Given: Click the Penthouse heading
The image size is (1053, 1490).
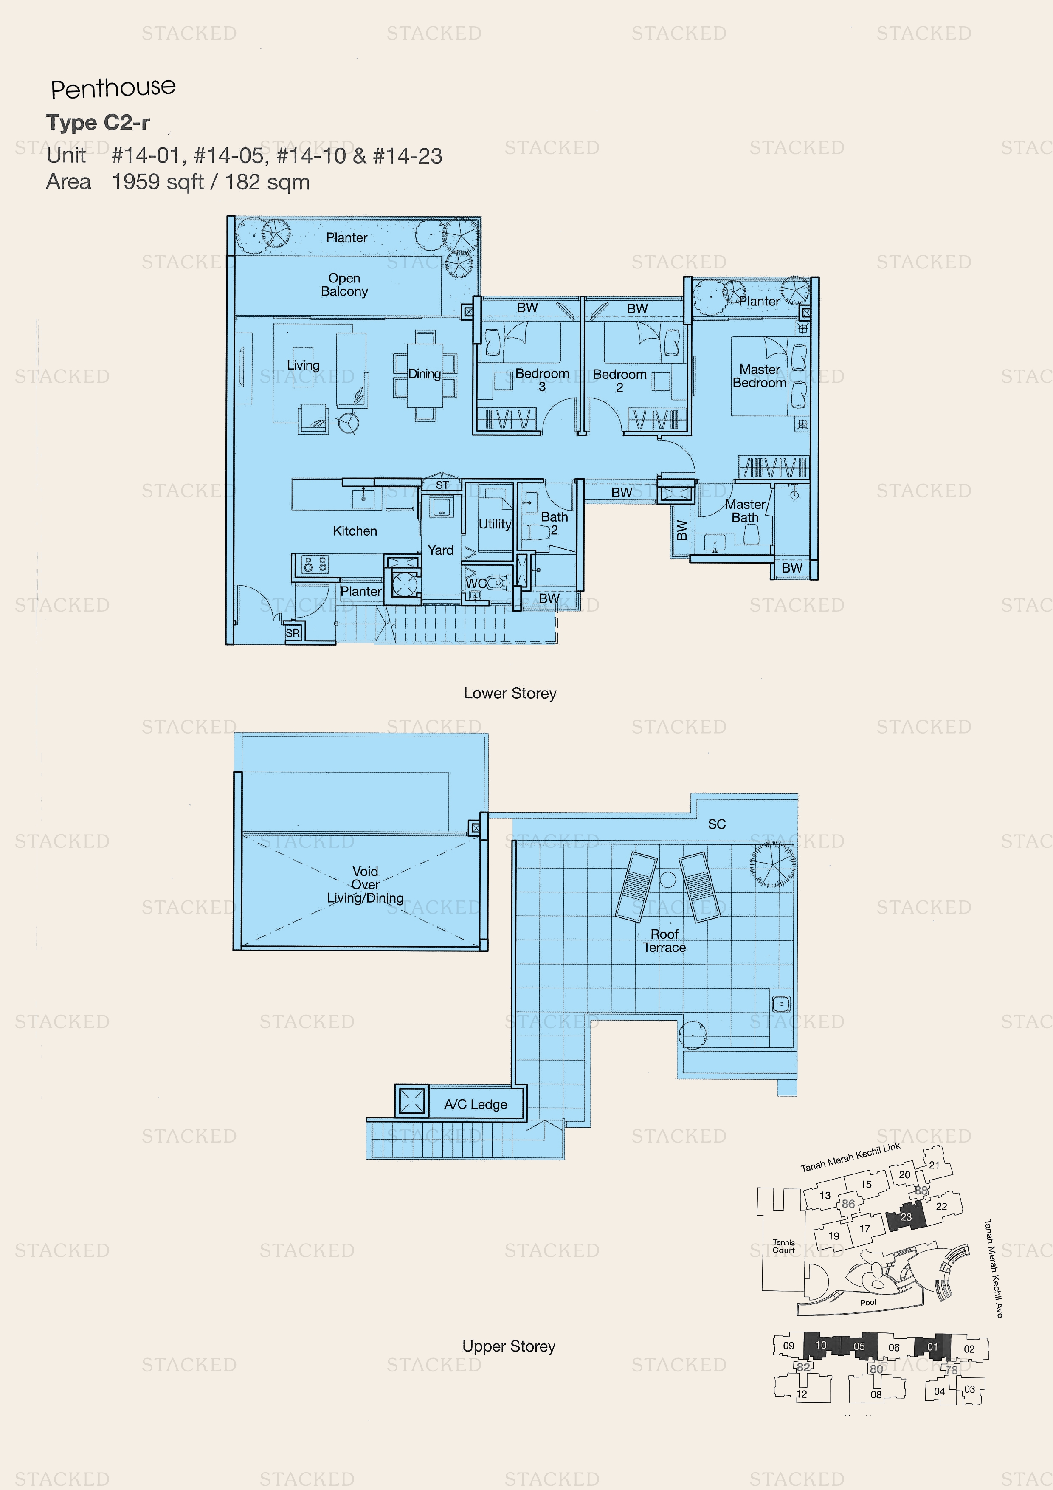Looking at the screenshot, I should pyautogui.click(x=113, y=88).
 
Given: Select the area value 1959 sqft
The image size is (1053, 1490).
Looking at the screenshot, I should pyautogui.click(x=158, y=182).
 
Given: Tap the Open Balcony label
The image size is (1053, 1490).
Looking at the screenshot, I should pyautogui.click(x=344, y=285).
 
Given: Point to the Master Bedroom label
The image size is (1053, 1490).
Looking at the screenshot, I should pyautogui.click(x=759, y=376).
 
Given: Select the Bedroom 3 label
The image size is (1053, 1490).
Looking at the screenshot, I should pyautogui.click(x=542, y=380).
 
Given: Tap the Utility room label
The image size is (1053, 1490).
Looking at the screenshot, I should pyautogui.click(x=494, y=524).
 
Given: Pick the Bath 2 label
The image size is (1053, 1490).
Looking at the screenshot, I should pyautogui.click(x=554, y=523).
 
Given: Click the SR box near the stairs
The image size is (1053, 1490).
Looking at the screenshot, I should pyautogui.click(x=293, y=633).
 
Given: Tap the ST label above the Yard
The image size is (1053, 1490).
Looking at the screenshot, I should pyautogui.click(x=442, y=485).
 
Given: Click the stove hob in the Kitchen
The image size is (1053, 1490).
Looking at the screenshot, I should pyautogui.click(x=315, y=564).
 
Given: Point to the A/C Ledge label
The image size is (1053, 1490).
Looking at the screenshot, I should pyautogui.click(x=476, y=1104).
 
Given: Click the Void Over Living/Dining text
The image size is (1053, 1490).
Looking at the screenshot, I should pyautogui.click(x=365, y=884).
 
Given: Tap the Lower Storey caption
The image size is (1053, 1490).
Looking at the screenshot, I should pyautogui.click(x=510, y=693).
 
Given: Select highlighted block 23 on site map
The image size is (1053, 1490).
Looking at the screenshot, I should pyautogui.click(x=906, y=1217).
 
